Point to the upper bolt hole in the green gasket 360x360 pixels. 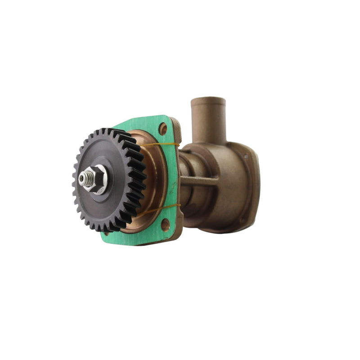point(163,129)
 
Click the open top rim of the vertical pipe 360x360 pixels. point(208,100)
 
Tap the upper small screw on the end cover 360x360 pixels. point(246,156)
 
